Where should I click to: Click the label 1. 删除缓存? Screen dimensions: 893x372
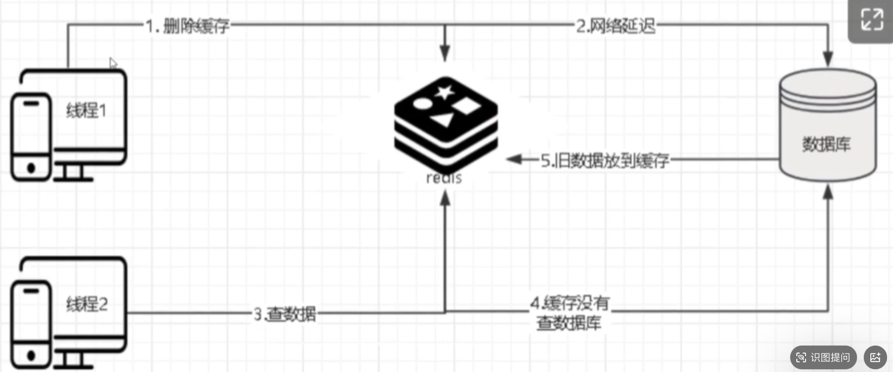point(187,26)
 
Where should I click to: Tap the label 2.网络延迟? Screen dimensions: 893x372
point(615,26)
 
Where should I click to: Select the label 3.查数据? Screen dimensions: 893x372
point(285,314)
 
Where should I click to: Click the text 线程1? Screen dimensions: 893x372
point(87,111)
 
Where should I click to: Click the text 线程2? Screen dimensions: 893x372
point(87,304)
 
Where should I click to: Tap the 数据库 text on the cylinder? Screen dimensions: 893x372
point(826,144)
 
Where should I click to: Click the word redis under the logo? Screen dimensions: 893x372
point(444,178)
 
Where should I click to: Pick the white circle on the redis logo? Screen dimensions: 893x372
point(422,103)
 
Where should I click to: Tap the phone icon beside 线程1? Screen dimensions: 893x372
point(31,137)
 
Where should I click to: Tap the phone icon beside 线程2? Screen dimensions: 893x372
point(31,325)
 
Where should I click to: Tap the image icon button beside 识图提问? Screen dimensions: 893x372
point(874,357)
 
